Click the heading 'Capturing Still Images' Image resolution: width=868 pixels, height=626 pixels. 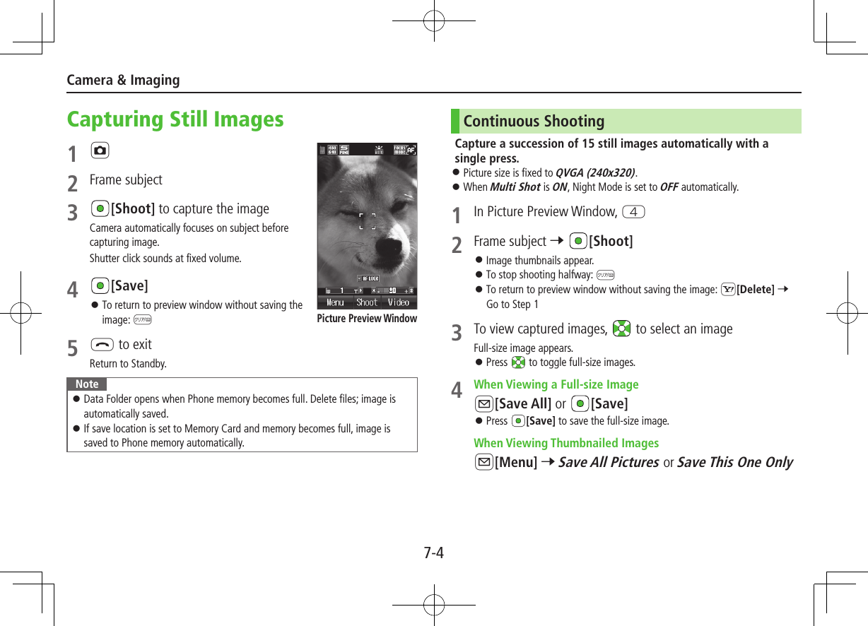tap(175, 119)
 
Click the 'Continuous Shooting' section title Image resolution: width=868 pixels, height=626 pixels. tap(534, 122)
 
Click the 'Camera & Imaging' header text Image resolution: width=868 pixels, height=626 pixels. tap(123, 80)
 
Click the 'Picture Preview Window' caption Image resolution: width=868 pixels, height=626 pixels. tap(367, 319)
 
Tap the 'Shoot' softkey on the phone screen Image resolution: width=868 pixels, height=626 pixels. tap(367, 302)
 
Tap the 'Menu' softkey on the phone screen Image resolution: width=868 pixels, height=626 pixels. tap(335, 302)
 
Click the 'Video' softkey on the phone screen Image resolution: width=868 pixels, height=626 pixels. tap(398, 302)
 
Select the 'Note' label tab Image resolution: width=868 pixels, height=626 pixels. tap(87, 384)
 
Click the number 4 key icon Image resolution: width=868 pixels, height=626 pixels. tap(635, 212)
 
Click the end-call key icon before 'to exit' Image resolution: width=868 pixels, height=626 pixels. tap(100, 345)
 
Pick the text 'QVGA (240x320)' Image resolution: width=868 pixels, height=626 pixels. tap(595, 173)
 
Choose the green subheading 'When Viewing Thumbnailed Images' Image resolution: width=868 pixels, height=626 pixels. tap(565, 443)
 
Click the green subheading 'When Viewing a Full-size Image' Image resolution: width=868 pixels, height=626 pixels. tap(556, 384)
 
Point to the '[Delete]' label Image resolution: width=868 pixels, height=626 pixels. tap(755, 290)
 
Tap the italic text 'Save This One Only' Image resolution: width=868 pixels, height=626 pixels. tap(734, 462)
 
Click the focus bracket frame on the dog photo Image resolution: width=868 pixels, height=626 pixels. tap(367, 221)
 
